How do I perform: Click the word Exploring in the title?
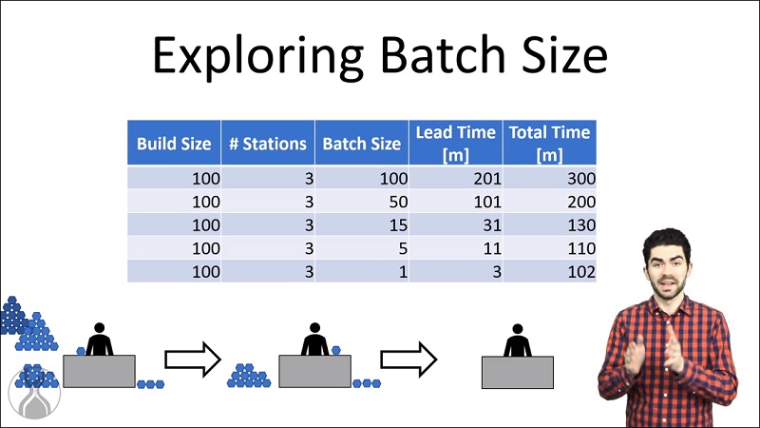[x=258, y=56]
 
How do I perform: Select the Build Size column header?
[x=174, y=143]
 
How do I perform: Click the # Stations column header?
[x=268, y=143]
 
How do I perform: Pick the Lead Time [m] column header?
[x=456, y=143]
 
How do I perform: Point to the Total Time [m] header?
[x=550, y=143]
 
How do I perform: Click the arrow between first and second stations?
[x=193, y=360]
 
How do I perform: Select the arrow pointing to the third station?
[x=408, y=360]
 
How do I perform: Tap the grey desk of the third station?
[x=517, y=372]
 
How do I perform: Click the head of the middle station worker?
[x=314, y=328]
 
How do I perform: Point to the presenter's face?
[x=668, y=270]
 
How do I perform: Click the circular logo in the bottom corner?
[x=34, y=393]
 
